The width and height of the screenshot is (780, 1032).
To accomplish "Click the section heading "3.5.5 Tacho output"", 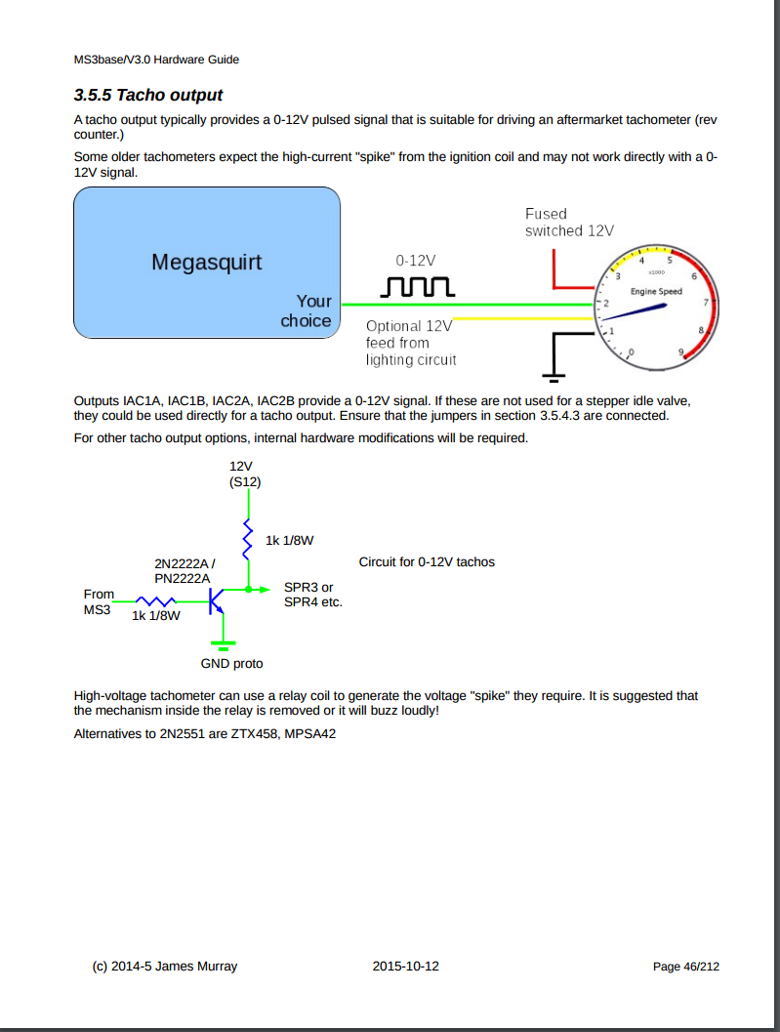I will (x=148, y=95).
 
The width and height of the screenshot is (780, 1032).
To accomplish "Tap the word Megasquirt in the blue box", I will (x=207, y=262).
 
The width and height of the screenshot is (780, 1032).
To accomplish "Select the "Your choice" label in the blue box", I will (x=307, y=310).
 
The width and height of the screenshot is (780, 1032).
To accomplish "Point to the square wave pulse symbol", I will (x=416, y=286).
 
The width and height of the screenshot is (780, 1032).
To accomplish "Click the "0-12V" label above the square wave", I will (x=416, y=261).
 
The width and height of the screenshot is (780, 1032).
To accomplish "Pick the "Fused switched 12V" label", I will (x=569, y=223).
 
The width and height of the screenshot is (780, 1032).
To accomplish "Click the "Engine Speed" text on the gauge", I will (x=656, y=292).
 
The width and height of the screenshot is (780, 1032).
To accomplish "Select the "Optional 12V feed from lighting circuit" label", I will (x=411, y=343).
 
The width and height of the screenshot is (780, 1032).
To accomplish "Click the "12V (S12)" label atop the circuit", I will (x=245, y=474).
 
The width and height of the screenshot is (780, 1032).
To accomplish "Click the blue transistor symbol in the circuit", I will (x=216, y=599).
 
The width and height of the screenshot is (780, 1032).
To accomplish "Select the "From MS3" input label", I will (x=99, y=601).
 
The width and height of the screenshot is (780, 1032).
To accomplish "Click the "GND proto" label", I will (x=231, y=664).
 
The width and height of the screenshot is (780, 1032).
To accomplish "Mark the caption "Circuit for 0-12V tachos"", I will (x=427, y=562).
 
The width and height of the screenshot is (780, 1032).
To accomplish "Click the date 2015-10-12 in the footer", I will (x=406, y=967).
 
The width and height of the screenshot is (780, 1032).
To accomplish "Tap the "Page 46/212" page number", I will (x=686, y=967).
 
